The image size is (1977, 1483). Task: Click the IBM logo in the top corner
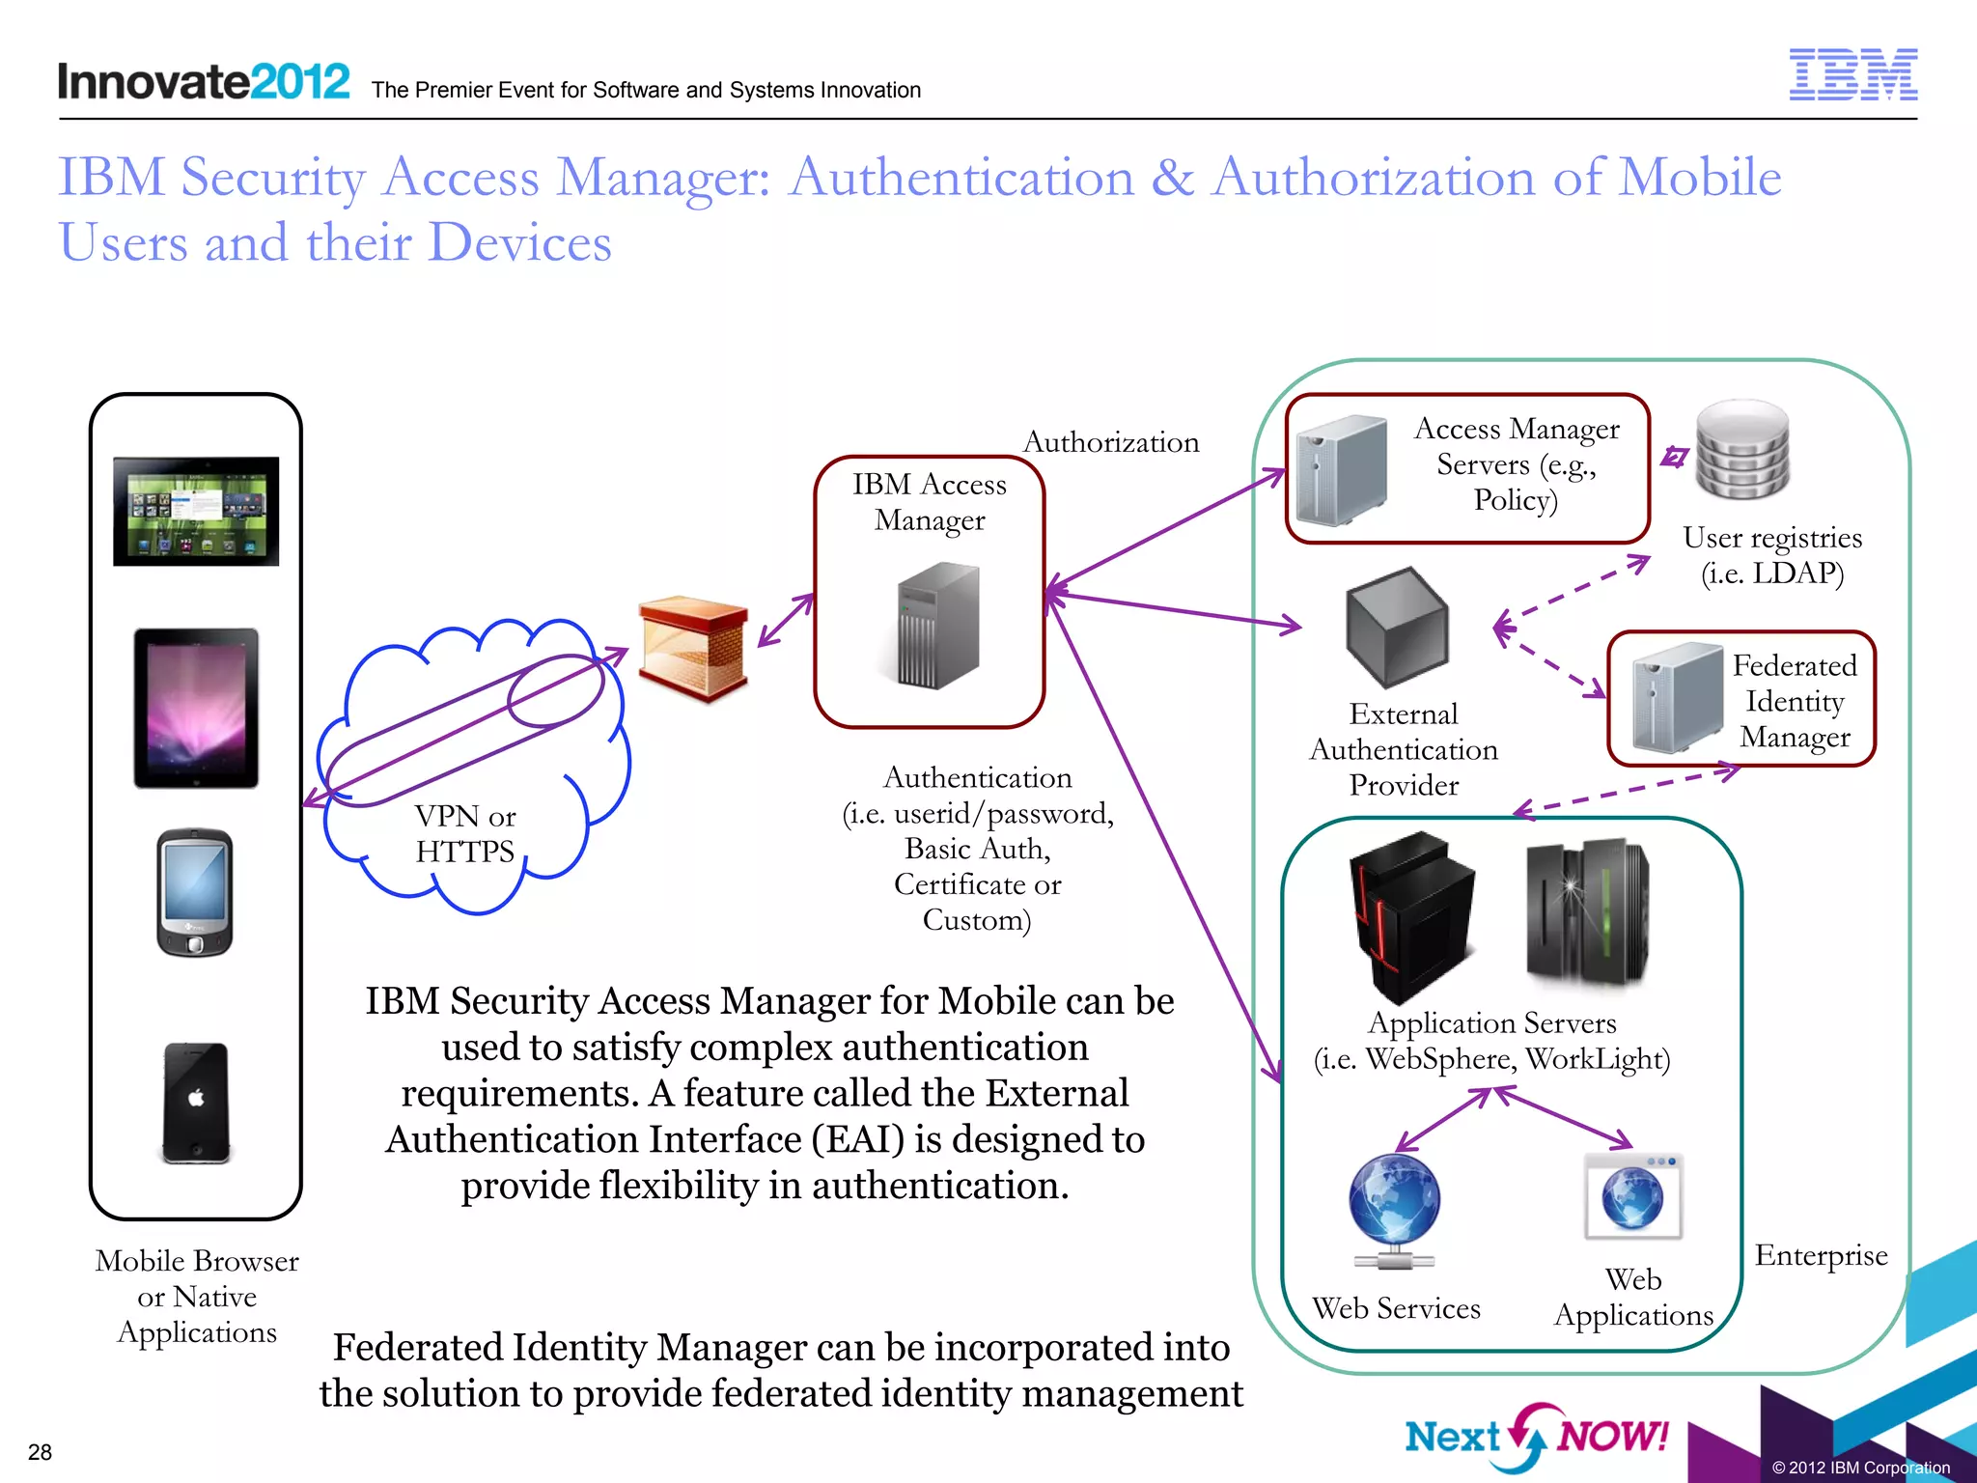click(x=1852, y=74)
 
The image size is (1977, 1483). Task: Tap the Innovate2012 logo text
click(x=204, y=81)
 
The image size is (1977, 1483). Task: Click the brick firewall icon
click(x=693, y=648)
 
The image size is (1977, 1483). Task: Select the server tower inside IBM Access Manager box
click(x=937, y=627)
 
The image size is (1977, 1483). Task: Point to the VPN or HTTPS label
click(x=465, y=833)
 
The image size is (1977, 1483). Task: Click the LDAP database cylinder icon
click(x=1743, y=450)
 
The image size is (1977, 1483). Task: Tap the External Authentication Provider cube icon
click(x=1398, y=626)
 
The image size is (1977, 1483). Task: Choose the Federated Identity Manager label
click(x=1795, y=701)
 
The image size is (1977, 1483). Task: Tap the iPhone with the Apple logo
click(x=196, y=1102)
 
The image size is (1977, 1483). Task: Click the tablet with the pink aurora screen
click(x=196, y=708)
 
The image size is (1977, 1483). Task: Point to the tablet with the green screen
click(x=196, y=511)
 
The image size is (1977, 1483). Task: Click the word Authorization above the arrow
click(x=1111, y=442)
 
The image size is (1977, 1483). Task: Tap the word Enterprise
click(x=1821, y=1255)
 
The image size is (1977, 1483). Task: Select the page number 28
click(x=40, y=1452)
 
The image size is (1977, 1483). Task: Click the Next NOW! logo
click(x=1536, y=1437)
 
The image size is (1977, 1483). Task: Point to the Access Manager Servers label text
click(x=1517, y=464)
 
